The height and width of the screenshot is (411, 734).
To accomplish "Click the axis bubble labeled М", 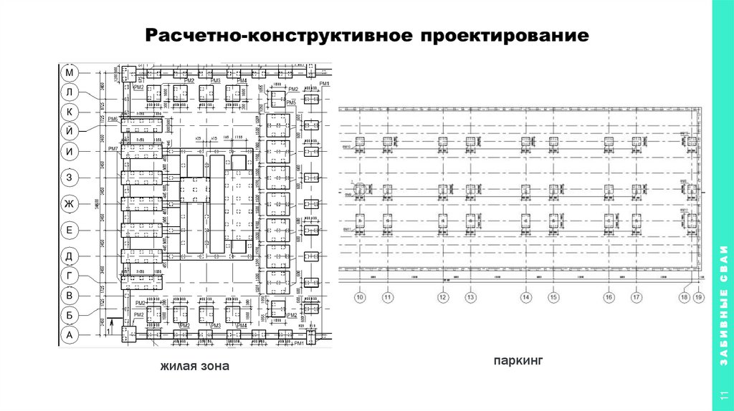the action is point(70,73).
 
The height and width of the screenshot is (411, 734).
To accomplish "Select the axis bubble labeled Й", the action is point(70,130).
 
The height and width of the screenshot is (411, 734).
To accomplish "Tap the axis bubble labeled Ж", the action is point(70,205).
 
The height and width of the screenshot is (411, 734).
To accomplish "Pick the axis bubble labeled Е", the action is point(70,230).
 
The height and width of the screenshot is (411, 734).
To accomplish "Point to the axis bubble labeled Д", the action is point(70,256).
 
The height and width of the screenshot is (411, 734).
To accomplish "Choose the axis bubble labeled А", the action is point(70,334).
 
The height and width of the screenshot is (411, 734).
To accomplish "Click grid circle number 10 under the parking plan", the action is point(360,297).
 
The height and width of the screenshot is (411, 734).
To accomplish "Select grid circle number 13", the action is point(470,297).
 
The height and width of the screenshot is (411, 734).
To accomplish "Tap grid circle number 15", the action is point(553,297).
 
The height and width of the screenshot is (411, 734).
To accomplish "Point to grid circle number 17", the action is point(636,297).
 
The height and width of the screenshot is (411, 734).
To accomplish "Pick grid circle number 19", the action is point(699,297).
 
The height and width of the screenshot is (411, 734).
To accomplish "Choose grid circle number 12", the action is point(443,297).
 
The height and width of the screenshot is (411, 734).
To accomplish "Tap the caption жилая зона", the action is point(194,367).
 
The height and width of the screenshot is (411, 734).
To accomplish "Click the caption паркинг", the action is point(514,362).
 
